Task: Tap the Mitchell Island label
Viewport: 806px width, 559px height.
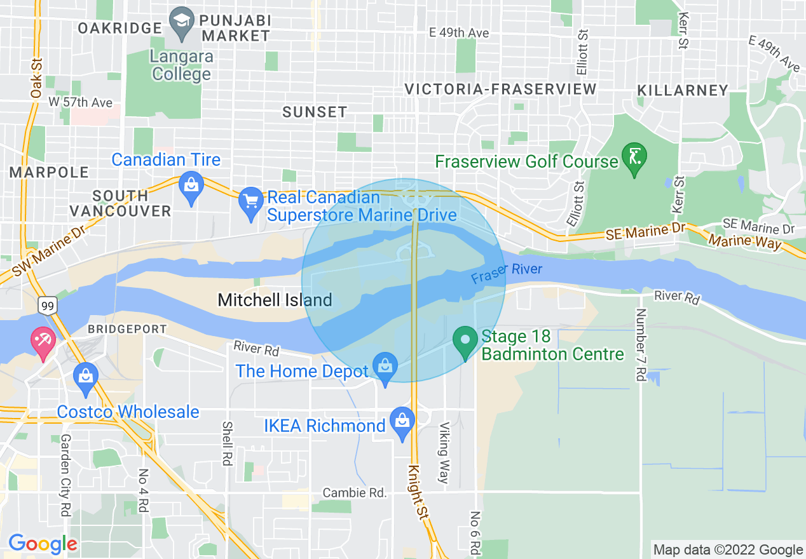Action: click(x=275, y=300)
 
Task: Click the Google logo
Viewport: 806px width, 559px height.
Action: click(x=43, y=544)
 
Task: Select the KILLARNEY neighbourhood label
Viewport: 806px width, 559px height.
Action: click(x=682, y=90)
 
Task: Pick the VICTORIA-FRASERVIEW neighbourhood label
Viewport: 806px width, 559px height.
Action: click(x=501, y=89)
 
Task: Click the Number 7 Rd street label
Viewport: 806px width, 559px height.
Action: click(x=641, y=344)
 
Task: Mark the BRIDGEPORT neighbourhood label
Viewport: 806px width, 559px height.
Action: click(x=127, y=329)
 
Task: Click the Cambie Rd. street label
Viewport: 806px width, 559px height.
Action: click(x=355, y=492)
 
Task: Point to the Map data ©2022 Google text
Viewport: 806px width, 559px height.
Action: click(x=728, y=549)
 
